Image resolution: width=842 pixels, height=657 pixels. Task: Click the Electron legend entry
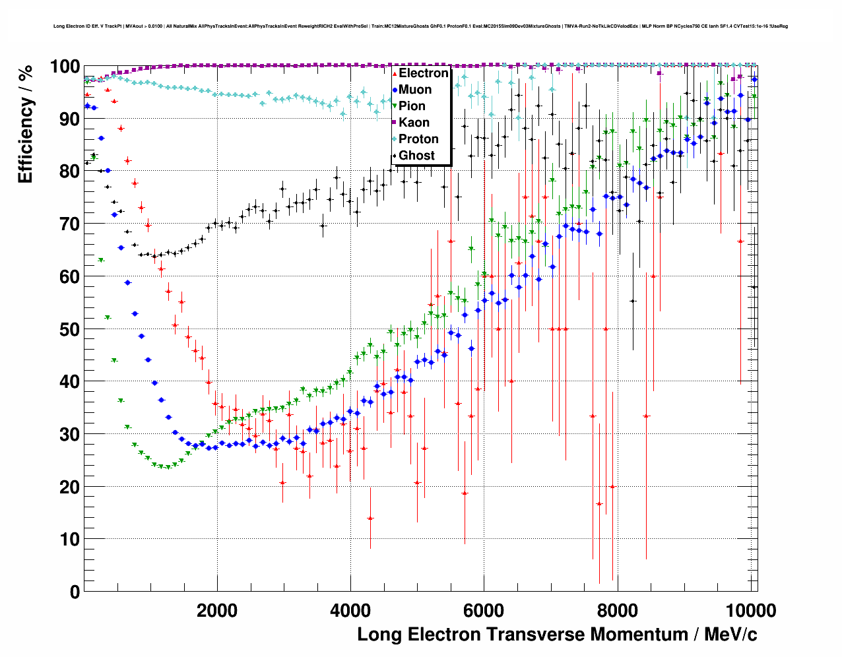coord(423,73)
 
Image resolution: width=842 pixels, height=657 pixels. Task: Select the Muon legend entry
coord(415,90)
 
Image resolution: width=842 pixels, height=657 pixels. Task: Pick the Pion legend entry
coord(412,106)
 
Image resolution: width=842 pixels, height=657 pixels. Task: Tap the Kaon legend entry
coord(414,123)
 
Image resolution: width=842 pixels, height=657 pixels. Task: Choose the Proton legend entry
coord(418,139)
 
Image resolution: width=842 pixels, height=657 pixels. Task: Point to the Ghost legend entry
coord(416,156)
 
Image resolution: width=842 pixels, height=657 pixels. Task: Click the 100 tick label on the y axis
coord(65,67)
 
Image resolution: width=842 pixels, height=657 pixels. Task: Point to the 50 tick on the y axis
coord(69,329)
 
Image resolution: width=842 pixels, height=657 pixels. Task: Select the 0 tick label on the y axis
coord(75,592)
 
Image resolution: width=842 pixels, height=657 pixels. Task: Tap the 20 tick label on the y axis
coord(69,487)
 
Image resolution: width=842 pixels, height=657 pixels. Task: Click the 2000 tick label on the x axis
coord(217,610)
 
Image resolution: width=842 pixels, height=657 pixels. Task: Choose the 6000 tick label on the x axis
coord(484,610)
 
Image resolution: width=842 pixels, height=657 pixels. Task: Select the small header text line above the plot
coord(420,26)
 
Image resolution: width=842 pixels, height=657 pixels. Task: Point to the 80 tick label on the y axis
coord(69,172)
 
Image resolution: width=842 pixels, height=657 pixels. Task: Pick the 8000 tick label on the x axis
coord(617,610)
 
